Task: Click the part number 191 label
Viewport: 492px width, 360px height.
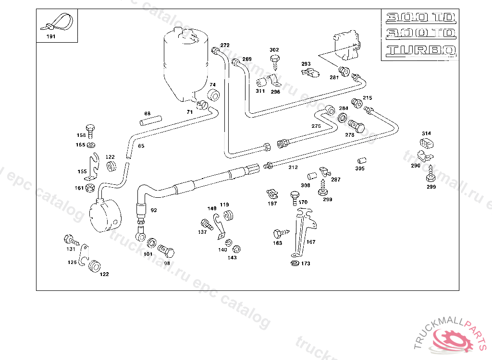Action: pyautogui.click(x=50, y=36)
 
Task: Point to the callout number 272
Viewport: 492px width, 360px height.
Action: pyautogui.click(x=225, y=45)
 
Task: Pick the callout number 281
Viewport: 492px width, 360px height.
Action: pyautogui.click(x=334, y=77)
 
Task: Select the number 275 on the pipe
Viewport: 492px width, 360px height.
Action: pyautogui.click(x=316, y=126)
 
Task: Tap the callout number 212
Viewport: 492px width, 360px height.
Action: pyautogui.click(x=293, y=168)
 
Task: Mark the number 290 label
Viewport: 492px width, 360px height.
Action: pyautogui.click(x=415, y=166)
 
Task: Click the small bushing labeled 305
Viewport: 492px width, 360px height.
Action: pyautogui.click(x=361, y=160)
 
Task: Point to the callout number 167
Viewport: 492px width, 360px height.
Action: pyautogui.click(x=311, y=242)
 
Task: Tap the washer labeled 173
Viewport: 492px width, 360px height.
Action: pyautogui.click(x=295, y=263)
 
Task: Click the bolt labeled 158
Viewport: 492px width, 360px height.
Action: pyautogui.click(x=90, y=129)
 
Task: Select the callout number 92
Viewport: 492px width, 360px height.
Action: pyautogui.click(x=154, y=210)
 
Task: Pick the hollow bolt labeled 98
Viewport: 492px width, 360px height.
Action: pyautogui.click(x=167, y=251)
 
